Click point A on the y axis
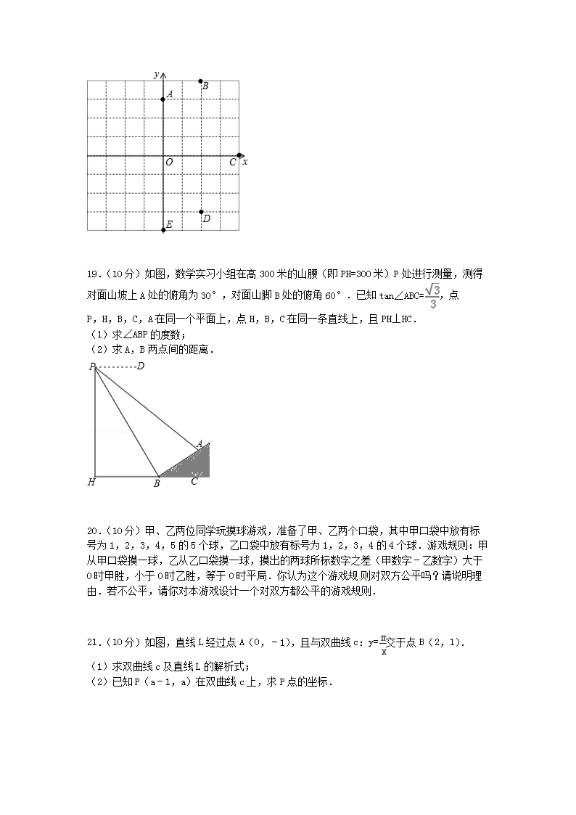163,99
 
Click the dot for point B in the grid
201,81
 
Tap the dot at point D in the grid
201,212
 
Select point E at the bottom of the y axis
163,230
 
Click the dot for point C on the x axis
239,155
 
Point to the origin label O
169,163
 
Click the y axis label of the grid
157,75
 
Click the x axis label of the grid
245,162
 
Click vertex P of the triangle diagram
93,367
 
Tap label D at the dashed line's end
140,366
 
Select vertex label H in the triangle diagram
91,482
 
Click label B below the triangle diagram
156,483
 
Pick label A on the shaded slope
199,443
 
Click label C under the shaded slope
194,481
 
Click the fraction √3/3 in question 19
432,296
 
